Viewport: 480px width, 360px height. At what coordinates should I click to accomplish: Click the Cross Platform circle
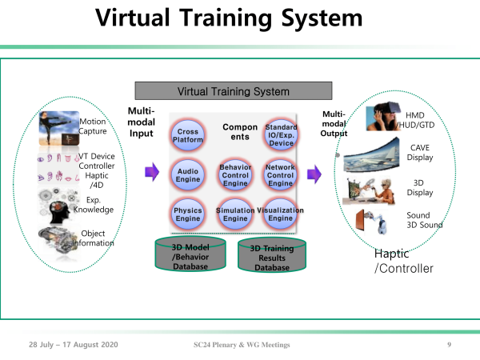(x=188, y=135)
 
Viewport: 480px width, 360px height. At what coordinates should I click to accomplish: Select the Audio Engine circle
(x=188, y=175)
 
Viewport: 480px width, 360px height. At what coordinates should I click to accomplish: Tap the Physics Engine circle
(x=188, y=214)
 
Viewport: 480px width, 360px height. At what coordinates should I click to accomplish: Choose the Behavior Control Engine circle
(x=235, y=175)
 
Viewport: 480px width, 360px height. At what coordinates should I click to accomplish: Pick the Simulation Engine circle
(x=235, y=214)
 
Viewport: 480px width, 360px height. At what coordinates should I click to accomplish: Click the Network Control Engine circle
(x=281, y=175)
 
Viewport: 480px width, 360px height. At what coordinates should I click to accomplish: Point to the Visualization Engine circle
(x=281, y=214)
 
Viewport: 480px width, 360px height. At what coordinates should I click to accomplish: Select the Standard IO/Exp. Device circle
(x=281, y=134)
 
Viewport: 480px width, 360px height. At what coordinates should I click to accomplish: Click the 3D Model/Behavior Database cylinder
(x=190, y=254)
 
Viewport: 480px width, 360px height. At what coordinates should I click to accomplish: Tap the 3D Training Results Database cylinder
(x=272, y=254)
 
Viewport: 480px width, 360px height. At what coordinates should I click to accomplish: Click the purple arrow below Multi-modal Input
(x=152, y=172)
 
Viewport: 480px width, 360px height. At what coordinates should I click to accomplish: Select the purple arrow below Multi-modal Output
(x=314, y=174)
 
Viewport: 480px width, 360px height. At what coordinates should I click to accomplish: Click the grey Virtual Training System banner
(x=234, y=91)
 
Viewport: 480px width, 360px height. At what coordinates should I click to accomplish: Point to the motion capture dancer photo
(x=59, y=128)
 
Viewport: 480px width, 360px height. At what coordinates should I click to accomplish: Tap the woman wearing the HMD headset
(x=383, y=116)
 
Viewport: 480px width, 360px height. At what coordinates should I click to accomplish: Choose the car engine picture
(x=58, y=242)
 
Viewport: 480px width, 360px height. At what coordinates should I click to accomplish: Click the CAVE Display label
(x=420, y=153)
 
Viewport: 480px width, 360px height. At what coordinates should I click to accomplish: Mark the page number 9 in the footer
(x=449, y=345)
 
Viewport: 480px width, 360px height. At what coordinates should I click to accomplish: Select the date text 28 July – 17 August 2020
(x=74, y=345)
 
